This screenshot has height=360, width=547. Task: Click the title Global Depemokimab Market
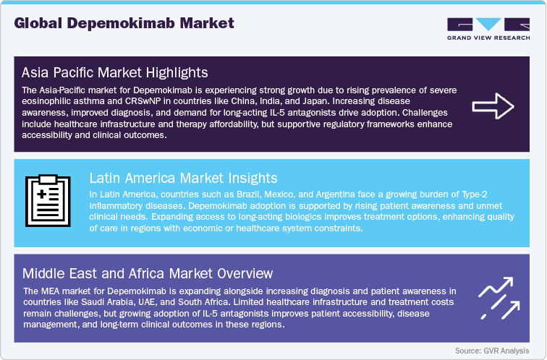pyautogui.click(x=124, y=22)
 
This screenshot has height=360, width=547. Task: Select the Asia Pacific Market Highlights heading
pyautogui.click(x=115, y=72)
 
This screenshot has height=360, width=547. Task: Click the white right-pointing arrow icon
pyautogui.click(x=492, y=106)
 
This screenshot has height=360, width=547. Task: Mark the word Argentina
pyautogui.click(x=316, y=193)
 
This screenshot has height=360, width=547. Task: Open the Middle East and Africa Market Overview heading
pyautogui.click(x=148, y=273)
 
